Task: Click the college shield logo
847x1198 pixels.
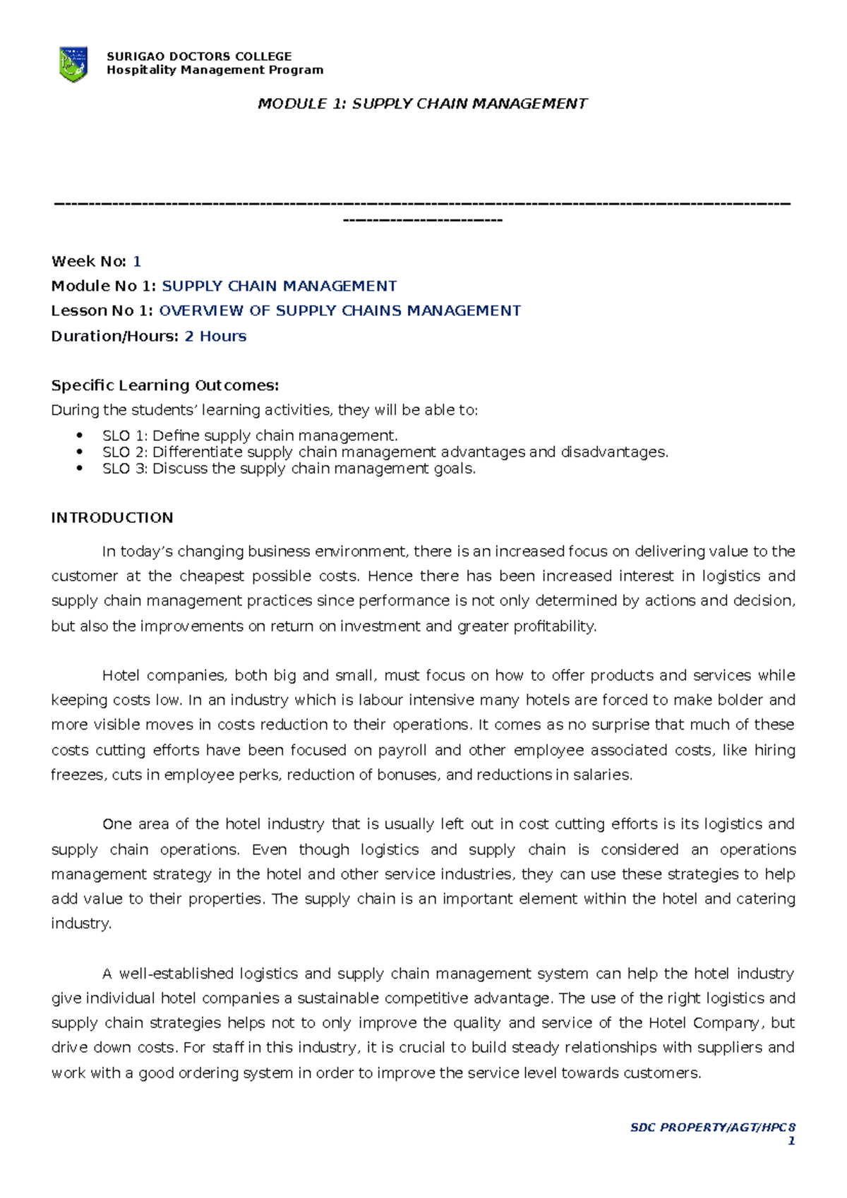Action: tap(73, 63)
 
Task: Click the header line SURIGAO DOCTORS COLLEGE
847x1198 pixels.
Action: tap(198, 56)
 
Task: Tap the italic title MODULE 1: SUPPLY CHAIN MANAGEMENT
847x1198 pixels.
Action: tap(422, 104)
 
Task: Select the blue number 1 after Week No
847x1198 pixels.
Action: tap(137, 262)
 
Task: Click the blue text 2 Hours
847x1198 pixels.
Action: tap(215, 336)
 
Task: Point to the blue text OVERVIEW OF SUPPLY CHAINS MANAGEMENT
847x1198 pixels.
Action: tap(340, 311)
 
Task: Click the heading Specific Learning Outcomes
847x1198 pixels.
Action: tap(165, 385)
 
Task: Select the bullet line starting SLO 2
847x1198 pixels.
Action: tap(385, 452)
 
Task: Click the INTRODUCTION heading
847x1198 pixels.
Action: tap(112, 518)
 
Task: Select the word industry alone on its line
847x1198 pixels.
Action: tap(80, 924)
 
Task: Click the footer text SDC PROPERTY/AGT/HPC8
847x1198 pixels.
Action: tap(712, 1127)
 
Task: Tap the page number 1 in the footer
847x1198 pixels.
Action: tap(791, 1141)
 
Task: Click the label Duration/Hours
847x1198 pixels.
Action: tap(114, 336)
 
